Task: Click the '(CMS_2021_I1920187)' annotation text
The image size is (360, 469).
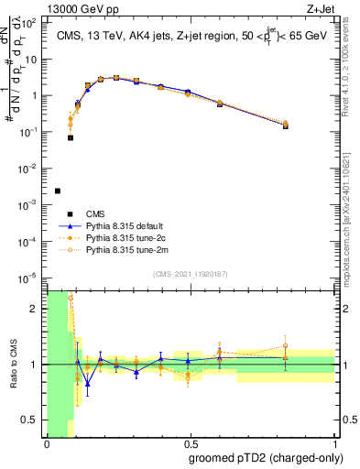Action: coord(191,274)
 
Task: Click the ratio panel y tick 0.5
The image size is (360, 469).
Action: coord(30,420)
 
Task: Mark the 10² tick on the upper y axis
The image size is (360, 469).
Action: coord(31,22)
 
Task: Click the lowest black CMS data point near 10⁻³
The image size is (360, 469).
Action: coord(58,191)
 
